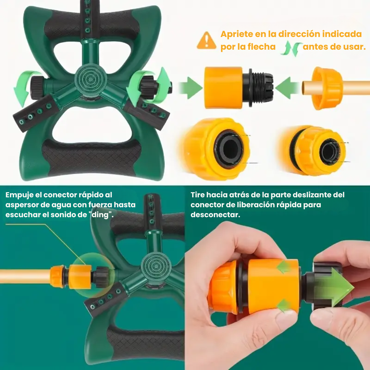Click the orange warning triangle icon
pos(207,40)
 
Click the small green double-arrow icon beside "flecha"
pos(291,48)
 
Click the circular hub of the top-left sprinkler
pos(90,79)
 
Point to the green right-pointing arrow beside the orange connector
pos(190,88)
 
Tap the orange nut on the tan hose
pos(327,88)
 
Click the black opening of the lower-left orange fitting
pos(229,149)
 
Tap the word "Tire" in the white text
pos(198,195)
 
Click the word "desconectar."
pos(215,215)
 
